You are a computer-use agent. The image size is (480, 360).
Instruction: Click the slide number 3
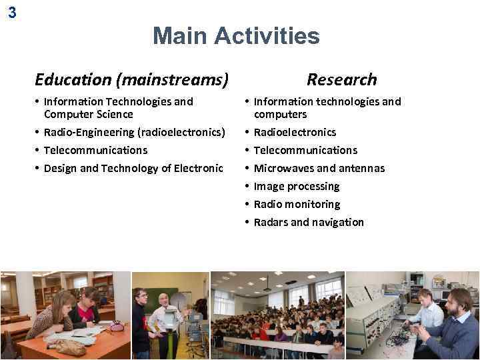pos(12,12)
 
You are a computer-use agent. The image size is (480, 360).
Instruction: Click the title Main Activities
pos(236,36)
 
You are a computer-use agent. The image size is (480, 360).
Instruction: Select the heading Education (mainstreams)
pos(131,80)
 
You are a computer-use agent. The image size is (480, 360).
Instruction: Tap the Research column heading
pos(341,80)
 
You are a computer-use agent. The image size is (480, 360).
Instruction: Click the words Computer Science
pos(88,114)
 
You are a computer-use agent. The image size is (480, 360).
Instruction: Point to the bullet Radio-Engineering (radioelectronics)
pos(134,132)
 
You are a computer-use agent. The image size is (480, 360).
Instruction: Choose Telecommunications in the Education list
pos(95,150)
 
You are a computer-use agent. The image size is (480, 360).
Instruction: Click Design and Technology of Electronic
pos(133,168)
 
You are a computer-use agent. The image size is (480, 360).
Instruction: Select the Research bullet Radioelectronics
pos(295,132)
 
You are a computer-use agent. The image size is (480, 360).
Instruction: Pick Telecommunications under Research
pos(305,150)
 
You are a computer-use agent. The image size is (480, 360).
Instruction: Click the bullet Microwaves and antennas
pos(319,168)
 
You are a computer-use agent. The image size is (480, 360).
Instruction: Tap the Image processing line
pos(296,186)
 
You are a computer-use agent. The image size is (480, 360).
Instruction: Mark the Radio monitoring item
pos(297,204)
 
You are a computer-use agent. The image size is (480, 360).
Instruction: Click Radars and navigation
pos(309,222)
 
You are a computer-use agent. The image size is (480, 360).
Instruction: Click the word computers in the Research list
pos(280,114)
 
